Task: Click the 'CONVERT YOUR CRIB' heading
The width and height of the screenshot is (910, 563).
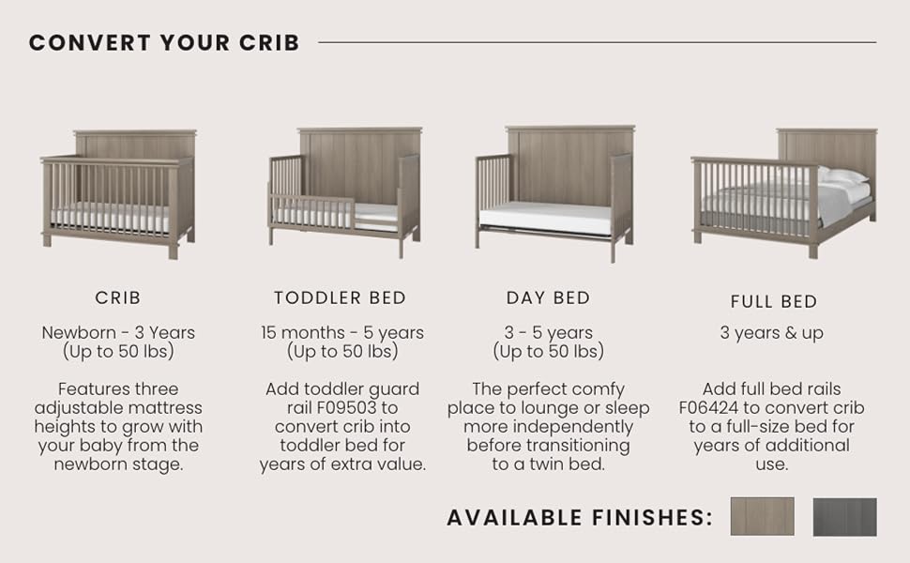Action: (x=164, y=42)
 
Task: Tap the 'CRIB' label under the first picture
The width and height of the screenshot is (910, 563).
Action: (x=118, y=297)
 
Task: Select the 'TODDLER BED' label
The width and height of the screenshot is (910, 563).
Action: (x=341, y=297)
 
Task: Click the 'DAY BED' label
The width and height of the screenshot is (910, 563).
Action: (x=549, y=297)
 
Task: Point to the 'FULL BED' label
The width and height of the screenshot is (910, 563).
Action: (x=774, y=302)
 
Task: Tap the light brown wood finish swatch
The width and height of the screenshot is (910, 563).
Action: (x=762, y=516)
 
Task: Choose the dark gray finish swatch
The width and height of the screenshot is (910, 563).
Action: (x=845, y=517)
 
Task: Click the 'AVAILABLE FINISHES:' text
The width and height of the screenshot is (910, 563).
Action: (x=580, y=517)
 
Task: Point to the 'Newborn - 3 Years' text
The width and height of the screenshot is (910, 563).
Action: (x=118, y=332)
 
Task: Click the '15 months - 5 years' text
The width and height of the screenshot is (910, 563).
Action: (x=342, y=332)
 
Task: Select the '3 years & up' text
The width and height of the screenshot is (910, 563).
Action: (x=772, y=333)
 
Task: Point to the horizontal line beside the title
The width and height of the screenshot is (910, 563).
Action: (x=598, y=42)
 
